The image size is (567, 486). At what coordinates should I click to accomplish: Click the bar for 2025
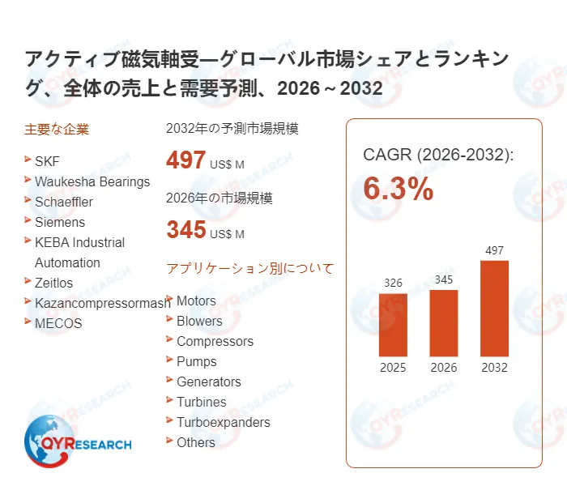394,324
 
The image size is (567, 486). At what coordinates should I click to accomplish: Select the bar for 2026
444,322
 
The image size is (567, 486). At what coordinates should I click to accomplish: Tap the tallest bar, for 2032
494,308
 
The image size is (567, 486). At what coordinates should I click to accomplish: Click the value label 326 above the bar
393,283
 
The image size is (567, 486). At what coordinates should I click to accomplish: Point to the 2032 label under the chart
494,367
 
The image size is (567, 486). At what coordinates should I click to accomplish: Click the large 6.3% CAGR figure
398,189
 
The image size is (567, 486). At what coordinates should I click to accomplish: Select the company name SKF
47,161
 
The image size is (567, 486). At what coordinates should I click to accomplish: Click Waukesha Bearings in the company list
92,181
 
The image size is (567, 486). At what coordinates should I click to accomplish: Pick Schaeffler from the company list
64,202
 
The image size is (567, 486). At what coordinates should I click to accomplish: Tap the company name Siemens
60,222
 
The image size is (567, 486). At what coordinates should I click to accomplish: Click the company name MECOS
58,323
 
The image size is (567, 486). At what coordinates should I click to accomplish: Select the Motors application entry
196,301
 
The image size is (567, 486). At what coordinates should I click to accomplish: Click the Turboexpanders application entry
224,422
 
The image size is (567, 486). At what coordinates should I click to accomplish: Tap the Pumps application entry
197,361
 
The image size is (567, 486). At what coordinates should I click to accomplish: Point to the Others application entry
196,442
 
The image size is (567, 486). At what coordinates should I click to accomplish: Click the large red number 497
185,160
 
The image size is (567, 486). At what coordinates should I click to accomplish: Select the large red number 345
185,229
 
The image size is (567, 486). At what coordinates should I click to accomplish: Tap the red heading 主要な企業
57,129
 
